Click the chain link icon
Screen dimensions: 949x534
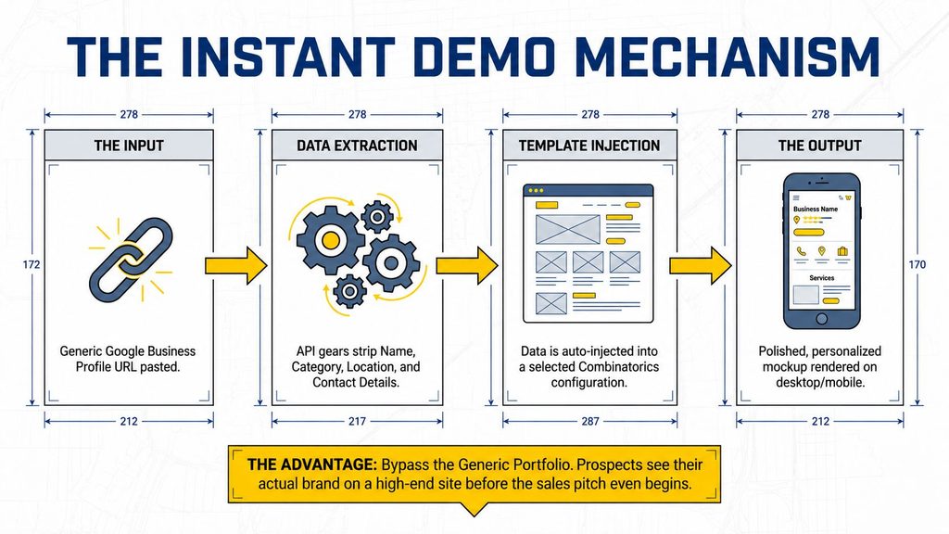(x=131, y=260)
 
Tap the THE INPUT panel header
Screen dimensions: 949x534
(x=129, y=146)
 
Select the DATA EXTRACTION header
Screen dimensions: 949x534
(x=357, y=146)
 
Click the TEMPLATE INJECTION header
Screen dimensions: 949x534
(x=589, y=146)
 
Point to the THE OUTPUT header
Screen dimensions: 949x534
(x=819, y=146)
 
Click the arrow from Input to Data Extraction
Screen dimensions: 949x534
(x=236, y=265)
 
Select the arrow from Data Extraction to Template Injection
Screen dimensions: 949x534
(x=467, y=265)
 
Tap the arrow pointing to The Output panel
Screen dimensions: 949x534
(x=701, y=265)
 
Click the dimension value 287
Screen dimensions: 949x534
(x=590, y=422)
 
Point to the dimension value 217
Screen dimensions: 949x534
(x=357, y=422)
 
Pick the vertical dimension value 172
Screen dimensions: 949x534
(x=32, y=264)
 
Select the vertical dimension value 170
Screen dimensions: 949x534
(x=917, y=264)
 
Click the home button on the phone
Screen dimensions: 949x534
(x=821, y=319)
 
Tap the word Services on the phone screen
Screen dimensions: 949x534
(x=822, y=278)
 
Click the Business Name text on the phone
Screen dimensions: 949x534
(x=816, y=209)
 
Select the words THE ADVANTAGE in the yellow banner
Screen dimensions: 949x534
(x=311, y=465)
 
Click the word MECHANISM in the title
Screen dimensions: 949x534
(x=727, y=57)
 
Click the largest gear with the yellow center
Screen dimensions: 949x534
(x=330, y=240)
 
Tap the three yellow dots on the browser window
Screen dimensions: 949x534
(x=536, y=191)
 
